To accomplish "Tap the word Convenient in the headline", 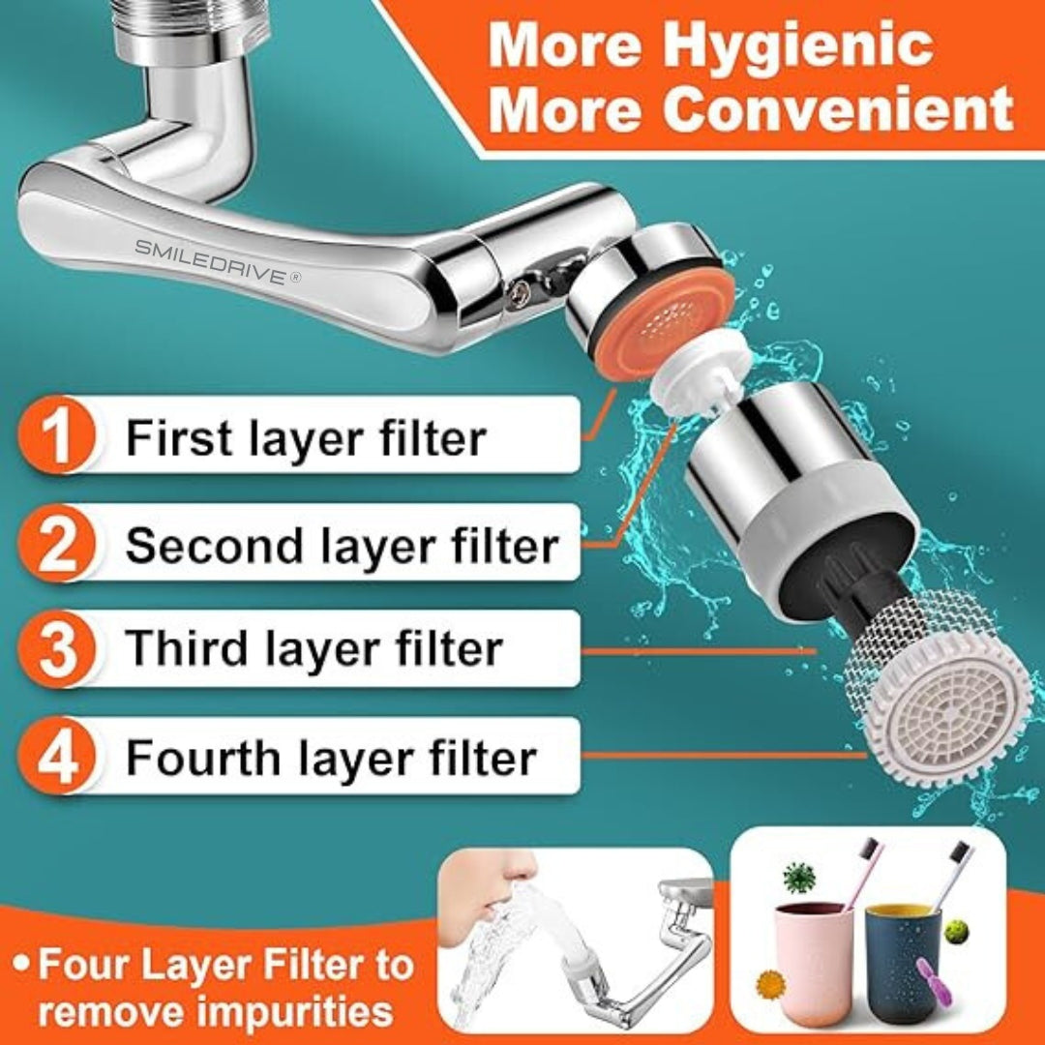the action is [838, 108].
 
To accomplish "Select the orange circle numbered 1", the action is [58, 434].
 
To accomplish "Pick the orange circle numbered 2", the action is [58, 543].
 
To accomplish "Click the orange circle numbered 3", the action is [58, 649].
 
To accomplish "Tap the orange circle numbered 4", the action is [58, 756].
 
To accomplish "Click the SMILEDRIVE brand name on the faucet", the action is [218, 261].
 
